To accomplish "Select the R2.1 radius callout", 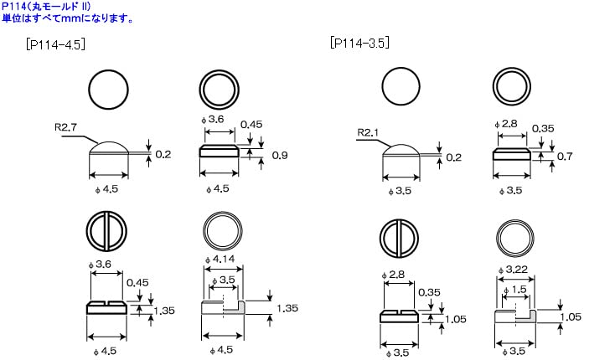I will pos(369,132).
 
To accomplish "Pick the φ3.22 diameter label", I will pos(512,267).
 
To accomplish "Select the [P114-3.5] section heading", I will pos(359,43).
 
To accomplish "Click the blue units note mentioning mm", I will pos(66,18).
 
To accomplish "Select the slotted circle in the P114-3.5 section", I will pos(401,238).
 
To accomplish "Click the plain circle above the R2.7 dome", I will pos(109,89).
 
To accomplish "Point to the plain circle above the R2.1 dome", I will pos(401,86).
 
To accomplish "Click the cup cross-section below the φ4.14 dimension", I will pos(223,307).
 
